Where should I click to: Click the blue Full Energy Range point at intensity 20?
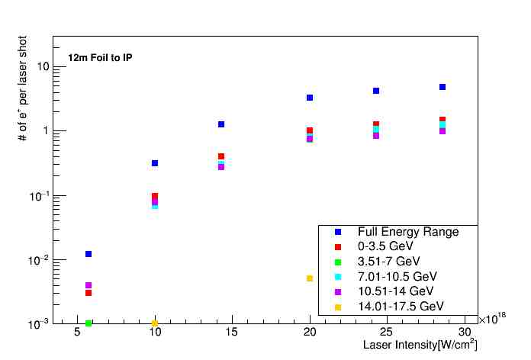click(x=310, y=98)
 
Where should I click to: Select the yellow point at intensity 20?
click(x=310, y=278)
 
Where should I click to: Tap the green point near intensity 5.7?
click(x=88, y=323)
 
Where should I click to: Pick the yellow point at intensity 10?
click(x=155, y=323)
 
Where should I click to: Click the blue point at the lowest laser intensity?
click(x=88, y=254)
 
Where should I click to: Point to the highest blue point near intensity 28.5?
click(x=443, y=87)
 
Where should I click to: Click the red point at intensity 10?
click(x=155, y=196)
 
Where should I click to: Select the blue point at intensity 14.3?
click(x=221, y=124)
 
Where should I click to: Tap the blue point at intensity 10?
click(x=155, y=163)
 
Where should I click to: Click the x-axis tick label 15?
click(x=232, y=333)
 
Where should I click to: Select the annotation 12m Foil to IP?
click(x=100, y=58)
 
